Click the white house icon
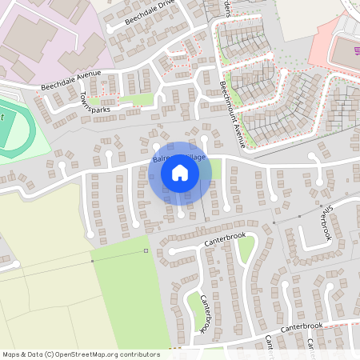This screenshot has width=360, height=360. (x=179, y=172)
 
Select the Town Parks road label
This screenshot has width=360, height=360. (x=94, y=105)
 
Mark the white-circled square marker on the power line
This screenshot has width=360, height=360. (x=146, y=251)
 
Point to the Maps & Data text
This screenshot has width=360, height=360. (x=21, y=354)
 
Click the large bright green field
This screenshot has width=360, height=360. (x=128, y=296)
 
